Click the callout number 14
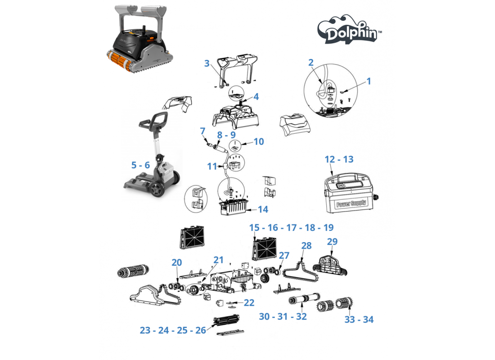[263, 209]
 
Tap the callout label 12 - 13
[339, 159]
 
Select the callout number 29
[332, 242]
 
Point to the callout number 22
[249, 302]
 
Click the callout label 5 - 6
[140, 165]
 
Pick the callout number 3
[207, 63]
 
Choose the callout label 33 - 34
[359, 319]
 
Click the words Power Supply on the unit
[351, 203]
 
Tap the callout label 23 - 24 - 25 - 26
[173, 330]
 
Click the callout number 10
[259, 141]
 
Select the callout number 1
[369, 81]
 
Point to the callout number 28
[306, 245]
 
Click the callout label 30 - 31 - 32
[283, 316]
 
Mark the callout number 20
[177, 262]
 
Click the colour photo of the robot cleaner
[139, 39]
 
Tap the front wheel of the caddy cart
[156, 189]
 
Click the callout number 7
[202, 131]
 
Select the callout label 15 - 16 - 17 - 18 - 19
[291, 227]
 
